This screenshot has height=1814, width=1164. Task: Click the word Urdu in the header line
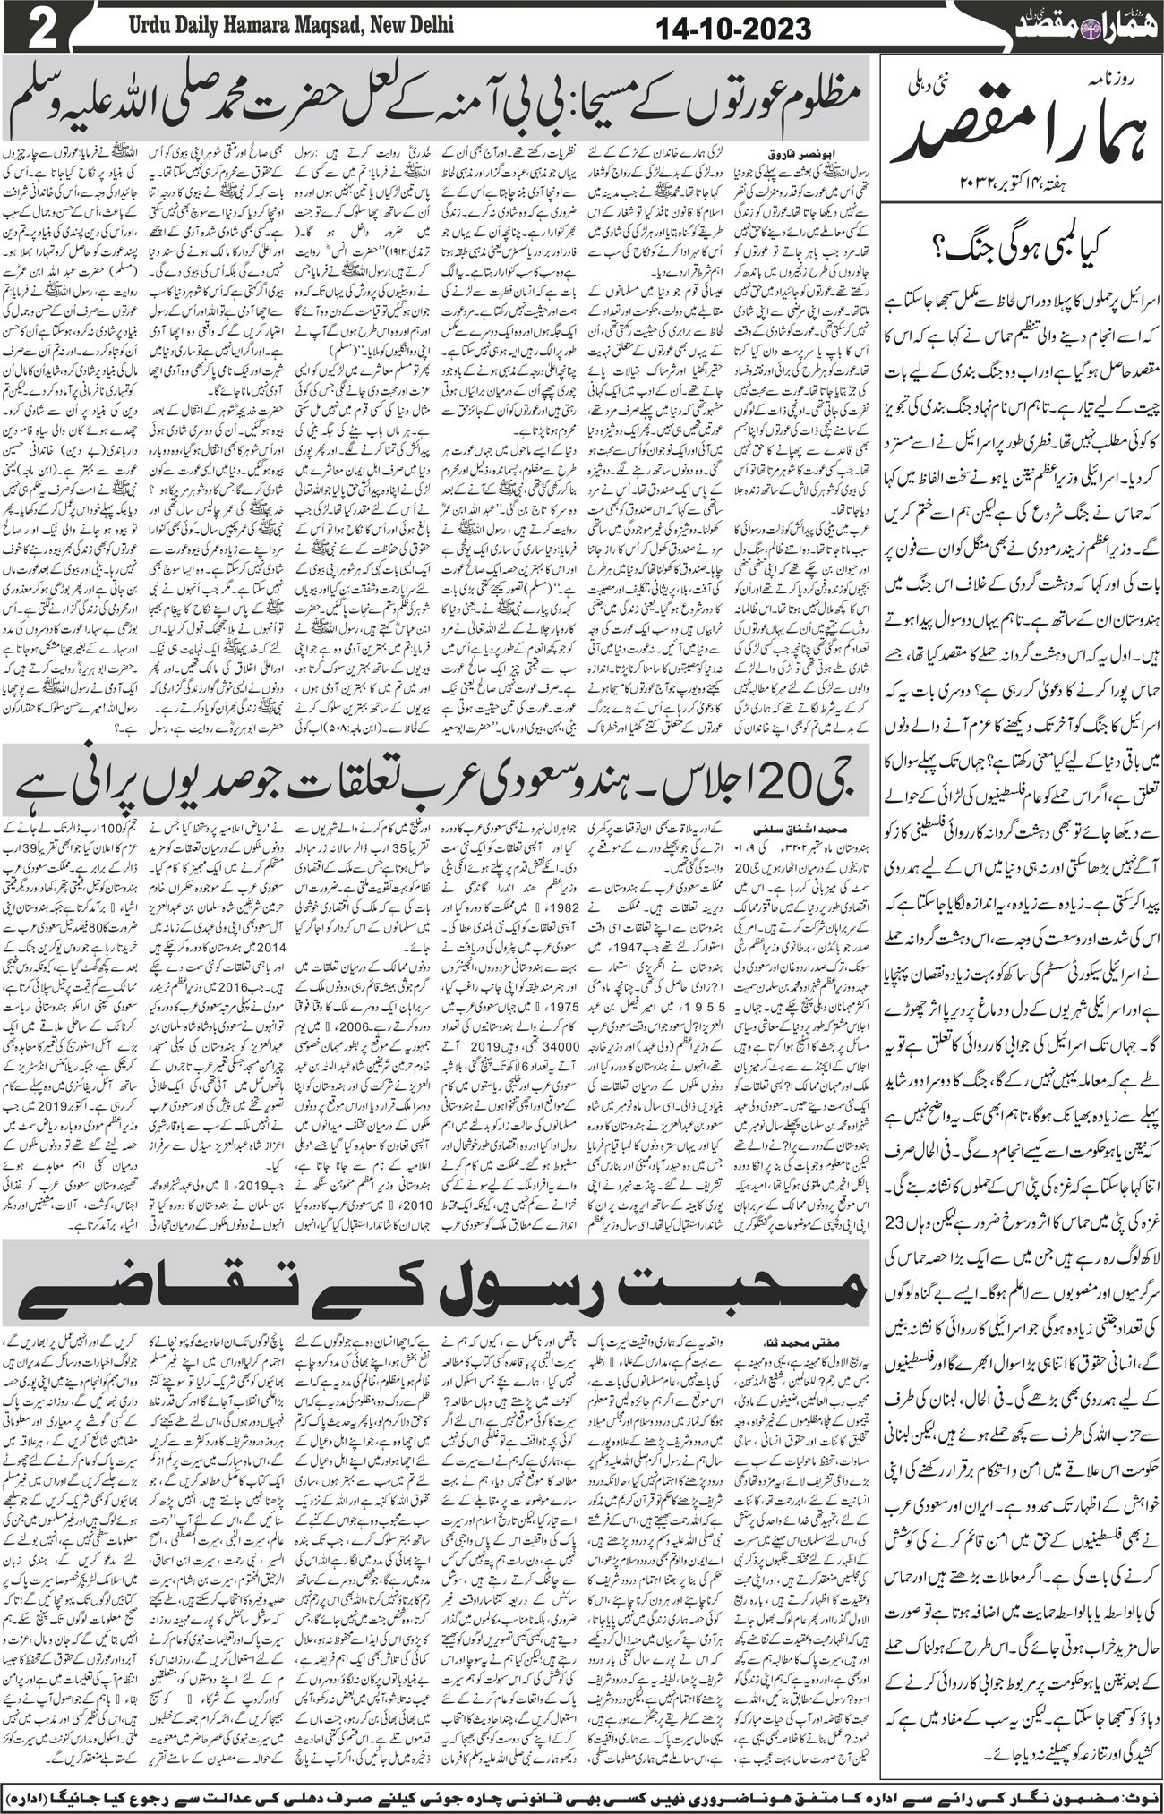point(124,25)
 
